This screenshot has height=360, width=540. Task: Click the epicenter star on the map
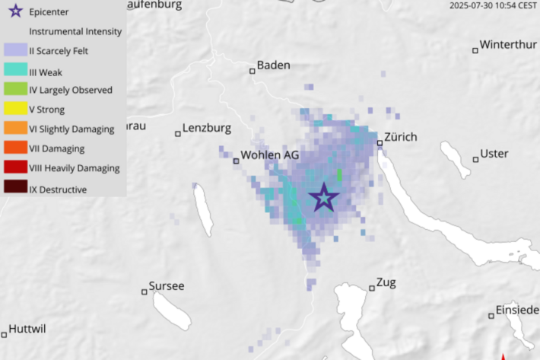tap(324, 197)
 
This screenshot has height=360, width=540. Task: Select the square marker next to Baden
tap(253, 71)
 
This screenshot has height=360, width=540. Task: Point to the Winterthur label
tap(508, 44)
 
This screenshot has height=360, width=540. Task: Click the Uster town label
tap(494, 154)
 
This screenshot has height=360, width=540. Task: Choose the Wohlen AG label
tap(269, 155)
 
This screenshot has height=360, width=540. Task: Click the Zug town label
tap(386, 282)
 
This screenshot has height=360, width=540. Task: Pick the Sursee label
tap(167, 286)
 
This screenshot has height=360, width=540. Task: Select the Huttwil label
tap(27, 330)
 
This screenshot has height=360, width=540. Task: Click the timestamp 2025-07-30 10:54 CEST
tap(493, 5)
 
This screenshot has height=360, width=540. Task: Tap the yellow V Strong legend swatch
tap(14, 110)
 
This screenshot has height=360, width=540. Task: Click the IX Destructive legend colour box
tap(14, 189)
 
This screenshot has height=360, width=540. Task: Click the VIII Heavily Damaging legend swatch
tap(14, 168)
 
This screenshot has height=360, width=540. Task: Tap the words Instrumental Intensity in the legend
tap(75, 32)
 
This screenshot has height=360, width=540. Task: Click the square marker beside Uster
tap(475, 159)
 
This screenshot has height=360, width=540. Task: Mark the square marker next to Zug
tap(372, 288)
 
